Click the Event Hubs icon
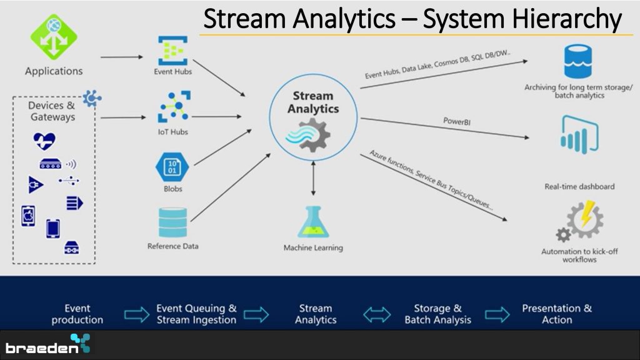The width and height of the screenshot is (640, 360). (x=172, y=51)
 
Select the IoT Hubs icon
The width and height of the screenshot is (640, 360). (x=174, y=106)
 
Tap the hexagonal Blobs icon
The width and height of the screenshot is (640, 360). (x=172, y=167)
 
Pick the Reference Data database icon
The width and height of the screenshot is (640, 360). (x=172, y=222)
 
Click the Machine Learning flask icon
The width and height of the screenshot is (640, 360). (x=313, y=222)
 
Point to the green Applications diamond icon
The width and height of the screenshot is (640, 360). (x=54, y=37)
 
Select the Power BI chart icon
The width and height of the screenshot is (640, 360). (x=579, y=135)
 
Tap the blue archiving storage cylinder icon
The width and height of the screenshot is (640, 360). (x=578, y=61)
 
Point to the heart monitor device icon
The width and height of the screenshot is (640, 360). (x=44, y=141)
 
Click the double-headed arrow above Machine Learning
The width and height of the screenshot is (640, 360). (x=313, y=178)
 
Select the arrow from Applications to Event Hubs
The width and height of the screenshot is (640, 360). (x=122, y=57)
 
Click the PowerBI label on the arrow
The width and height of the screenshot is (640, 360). (x=457, y=121)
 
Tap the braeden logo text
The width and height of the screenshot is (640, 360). (x=42, y=347)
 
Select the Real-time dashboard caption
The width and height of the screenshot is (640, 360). (x=579, y=186)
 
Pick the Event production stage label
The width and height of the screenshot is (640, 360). (x=77, y=314)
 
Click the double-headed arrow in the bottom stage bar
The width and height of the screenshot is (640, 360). (x=377, y=315)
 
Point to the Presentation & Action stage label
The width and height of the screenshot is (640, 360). (x=557, y=314)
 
